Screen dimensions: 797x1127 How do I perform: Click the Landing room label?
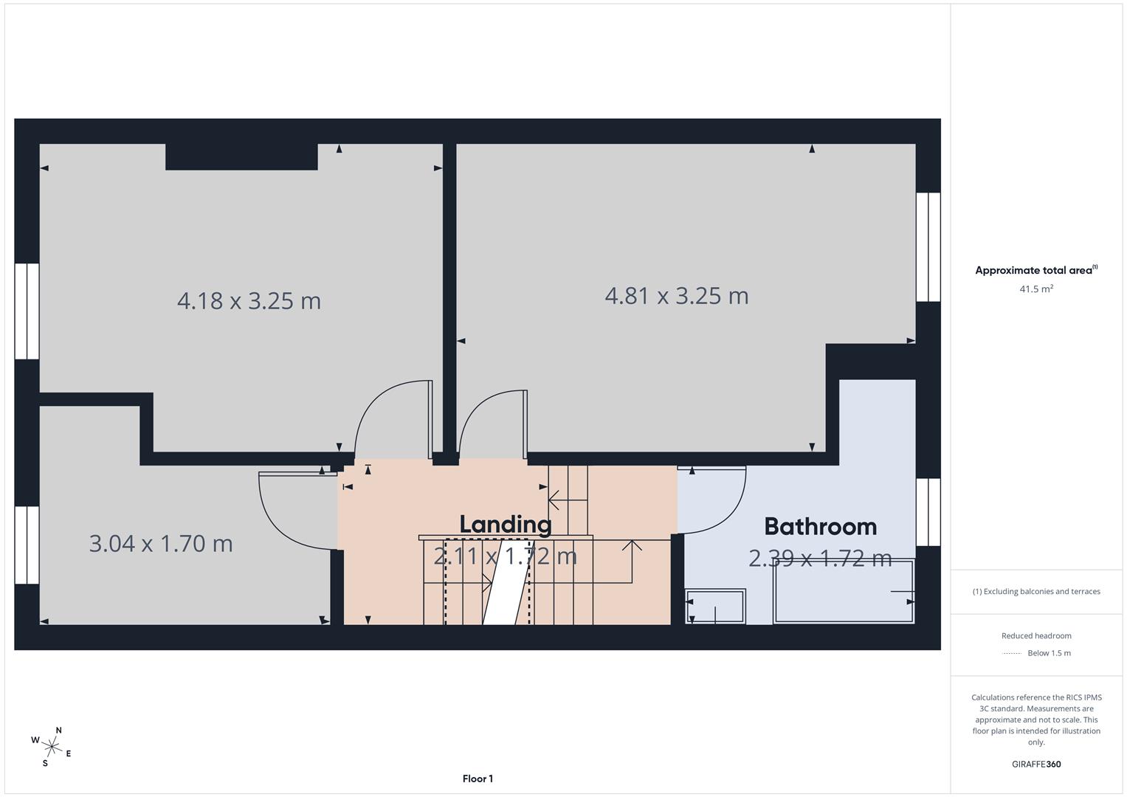point(506,524)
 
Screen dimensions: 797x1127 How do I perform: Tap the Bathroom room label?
point(820,526)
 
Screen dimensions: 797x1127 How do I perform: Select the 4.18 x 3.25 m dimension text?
point(249,301)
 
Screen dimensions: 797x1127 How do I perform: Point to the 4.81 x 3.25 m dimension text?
point(676,296)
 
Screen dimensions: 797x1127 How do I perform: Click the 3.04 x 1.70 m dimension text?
point(161,544)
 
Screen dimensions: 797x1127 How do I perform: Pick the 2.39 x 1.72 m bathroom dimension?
point(820,559)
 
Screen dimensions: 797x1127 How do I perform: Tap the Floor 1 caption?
point(478,779)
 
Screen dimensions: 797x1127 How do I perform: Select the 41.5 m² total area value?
point(1036,289)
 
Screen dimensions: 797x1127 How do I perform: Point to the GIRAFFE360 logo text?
point(1036,764)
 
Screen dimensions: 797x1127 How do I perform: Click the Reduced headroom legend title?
point(1036,635)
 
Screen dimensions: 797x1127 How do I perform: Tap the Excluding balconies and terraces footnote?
point(1036,591)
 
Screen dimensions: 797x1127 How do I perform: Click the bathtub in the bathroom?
point(844,592)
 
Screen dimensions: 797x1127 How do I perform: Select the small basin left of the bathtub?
point(714,606)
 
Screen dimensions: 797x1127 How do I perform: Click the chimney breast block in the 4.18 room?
point(241,156)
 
